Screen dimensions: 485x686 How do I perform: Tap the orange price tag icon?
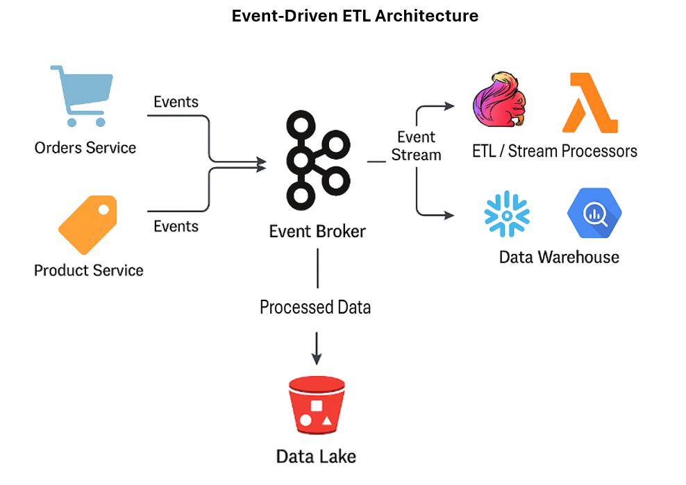click(x=87, y=223)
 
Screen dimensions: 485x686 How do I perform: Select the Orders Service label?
click(x=85, y=148)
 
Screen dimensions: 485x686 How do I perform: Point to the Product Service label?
click(x=89, y=271)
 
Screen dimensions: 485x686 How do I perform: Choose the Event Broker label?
click(x=317, y=232)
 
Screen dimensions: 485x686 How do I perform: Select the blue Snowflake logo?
click(x=507, y=214)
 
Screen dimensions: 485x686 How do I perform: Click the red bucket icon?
click(x=317, y=406)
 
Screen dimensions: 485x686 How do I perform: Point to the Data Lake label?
click(x=316, y=457)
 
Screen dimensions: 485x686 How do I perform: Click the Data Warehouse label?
click(x=559, y=257)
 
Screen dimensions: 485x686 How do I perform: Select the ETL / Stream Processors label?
click(x=555, y=151)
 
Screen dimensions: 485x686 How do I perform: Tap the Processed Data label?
click(x=315, y=307)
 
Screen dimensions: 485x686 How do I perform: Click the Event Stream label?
click(x=416, y=146)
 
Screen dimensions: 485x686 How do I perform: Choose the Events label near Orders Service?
click(x=176, y=102)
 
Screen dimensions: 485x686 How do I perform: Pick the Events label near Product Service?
click(x=176, y=227)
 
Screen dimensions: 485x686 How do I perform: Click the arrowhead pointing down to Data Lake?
click(x=317, y=358)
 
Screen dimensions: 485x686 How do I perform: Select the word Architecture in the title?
click(x=426, y=16)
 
